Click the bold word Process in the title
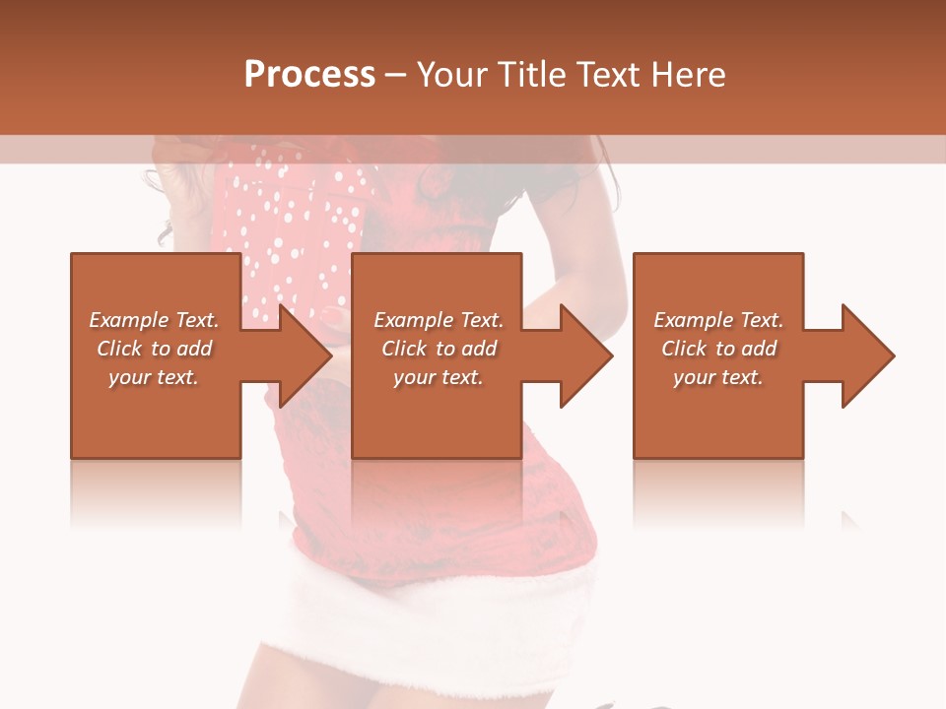pyautogui.click(x=309, y=75)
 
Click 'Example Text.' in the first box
pyautogui.click(x=154, y=320)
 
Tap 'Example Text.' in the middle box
pyautogui.click(x=438, y=320)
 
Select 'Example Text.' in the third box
pyautogui.click(x=718, y=320)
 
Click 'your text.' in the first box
pyautogui.click(x=154, y=377)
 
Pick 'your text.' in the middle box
pyautogui.click(x=438, y=377)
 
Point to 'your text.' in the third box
pyautogui.click(x=718, y=377)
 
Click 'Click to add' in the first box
pyautogui.click(x=154, y=349)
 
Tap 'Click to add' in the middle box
pyautogui.click(x=438, y=349)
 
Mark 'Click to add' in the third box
pyautogui.click(x=718, y=349)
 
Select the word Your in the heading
pyautogui.click(x=450, y=75)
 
